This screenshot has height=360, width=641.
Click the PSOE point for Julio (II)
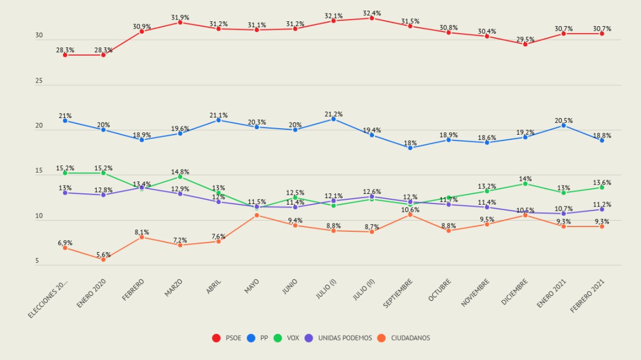(x=372, y=18)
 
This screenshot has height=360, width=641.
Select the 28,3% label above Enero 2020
(x=103, y=50)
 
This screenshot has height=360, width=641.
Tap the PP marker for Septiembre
(x=410, y=148)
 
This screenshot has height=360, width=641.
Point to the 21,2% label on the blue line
(x=333, y=114)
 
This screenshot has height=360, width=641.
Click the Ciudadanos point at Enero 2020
(x=103, y=259)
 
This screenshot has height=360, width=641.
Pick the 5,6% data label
(x=103, y=254)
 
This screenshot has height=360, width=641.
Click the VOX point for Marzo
(x=180, y=177)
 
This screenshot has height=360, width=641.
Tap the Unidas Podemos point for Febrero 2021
(x=602, y=209)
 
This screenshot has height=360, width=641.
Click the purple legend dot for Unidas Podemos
(x=309, y=338)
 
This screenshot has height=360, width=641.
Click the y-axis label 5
(x=37, y=261)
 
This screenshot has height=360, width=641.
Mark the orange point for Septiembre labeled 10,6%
(x=410, y=215)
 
